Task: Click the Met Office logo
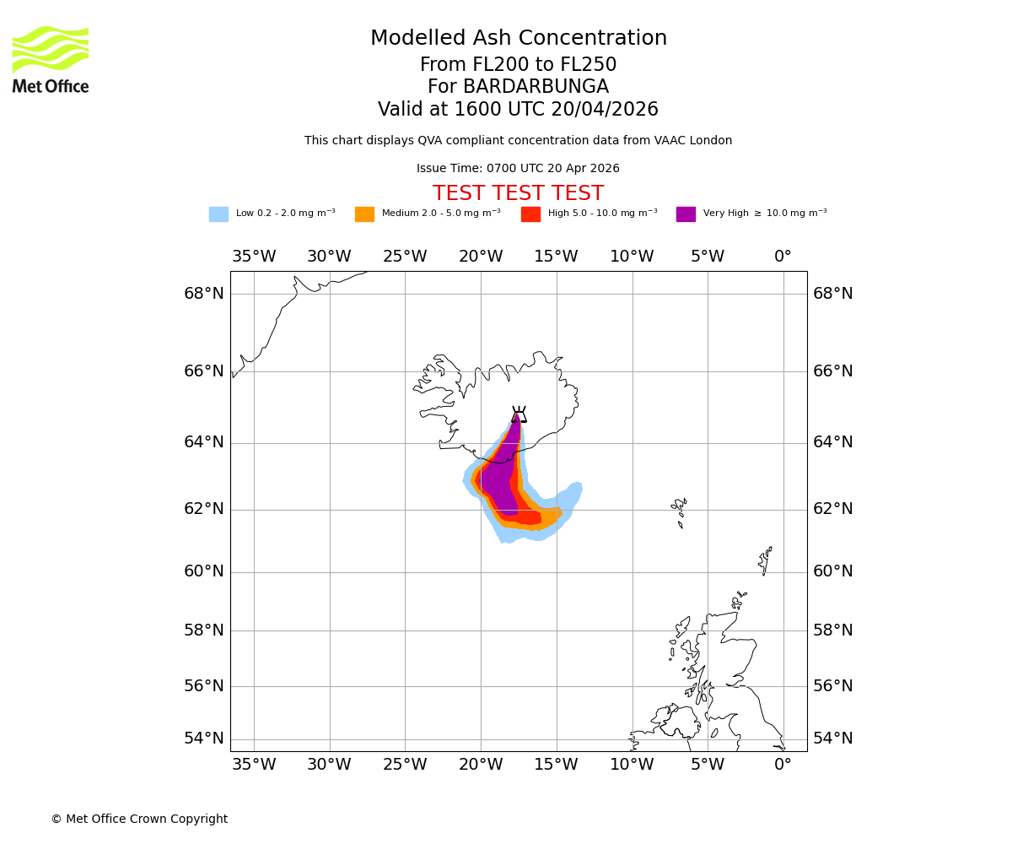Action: coord(51,59)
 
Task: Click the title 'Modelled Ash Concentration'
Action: coord(519,39)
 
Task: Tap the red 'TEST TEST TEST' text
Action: coord(518,194)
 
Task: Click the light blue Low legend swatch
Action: coord(218,214)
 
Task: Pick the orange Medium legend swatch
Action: coord(364,214)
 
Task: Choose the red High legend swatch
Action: coord(530,214)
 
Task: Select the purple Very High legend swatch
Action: coord(686,214)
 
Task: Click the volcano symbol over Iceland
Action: coord(519,414)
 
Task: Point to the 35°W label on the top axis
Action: coord(254,257)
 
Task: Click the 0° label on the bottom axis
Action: coord(783,765)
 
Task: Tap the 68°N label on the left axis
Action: coord(204,294)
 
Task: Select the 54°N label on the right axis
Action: coord(833,738)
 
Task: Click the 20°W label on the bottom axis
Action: coord(481,765)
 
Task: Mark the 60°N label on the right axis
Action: coord(833,571)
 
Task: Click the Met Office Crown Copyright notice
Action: coord(139,820)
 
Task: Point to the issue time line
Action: coord(518,169)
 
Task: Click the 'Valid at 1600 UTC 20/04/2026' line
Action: coord(518,110)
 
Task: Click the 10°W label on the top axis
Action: coord(632,257)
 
